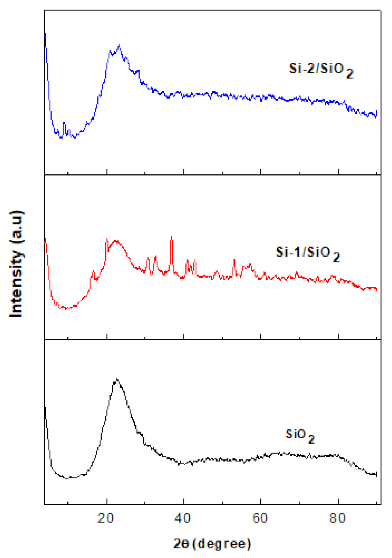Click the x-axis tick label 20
pyautogui.click(x=105, y=518)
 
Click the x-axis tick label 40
pyautogui.click(x=182, y=518)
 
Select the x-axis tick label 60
pyautogui.click(x=260, y=518)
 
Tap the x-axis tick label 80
pyautogui.click(x=337, y=518)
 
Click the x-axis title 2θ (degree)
pyautogui.click(x=212, y=544)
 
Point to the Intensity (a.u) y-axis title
pyautogui.click(x=16, y=264)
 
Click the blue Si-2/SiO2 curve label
pyautogui.click(x=321, y=70)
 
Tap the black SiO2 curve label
pyautogui.click(x=300, y=436)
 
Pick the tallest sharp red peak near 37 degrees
pyautogui.click(x=171, y=236)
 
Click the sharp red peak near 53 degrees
pyautogui.click(x=234, y=260)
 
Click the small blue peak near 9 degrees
pyautogui.click(x=64, y=123)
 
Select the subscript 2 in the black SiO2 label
pyautogui.click(x=311, y=439)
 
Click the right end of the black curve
pyautogui.click(x=377, y=474)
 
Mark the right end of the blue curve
pyautogui.click(x=377, y=113)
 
